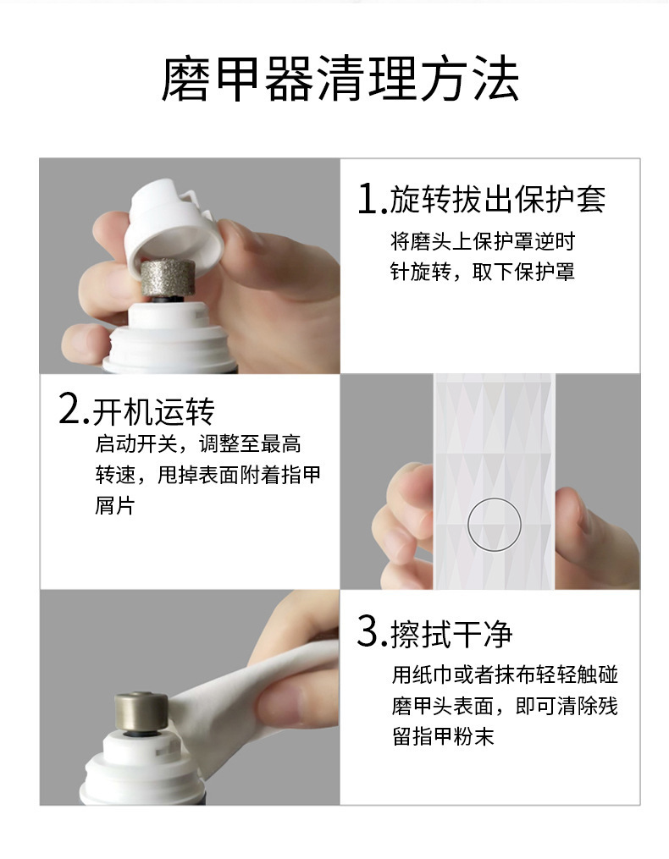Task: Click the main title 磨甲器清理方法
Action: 340,80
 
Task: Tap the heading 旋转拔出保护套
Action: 497,200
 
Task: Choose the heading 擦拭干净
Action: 451,633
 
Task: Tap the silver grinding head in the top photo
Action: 167,277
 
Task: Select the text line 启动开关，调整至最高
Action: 198,443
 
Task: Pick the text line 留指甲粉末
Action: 443,737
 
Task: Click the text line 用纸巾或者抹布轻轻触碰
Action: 505,675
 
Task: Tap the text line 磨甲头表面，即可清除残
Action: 505,706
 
